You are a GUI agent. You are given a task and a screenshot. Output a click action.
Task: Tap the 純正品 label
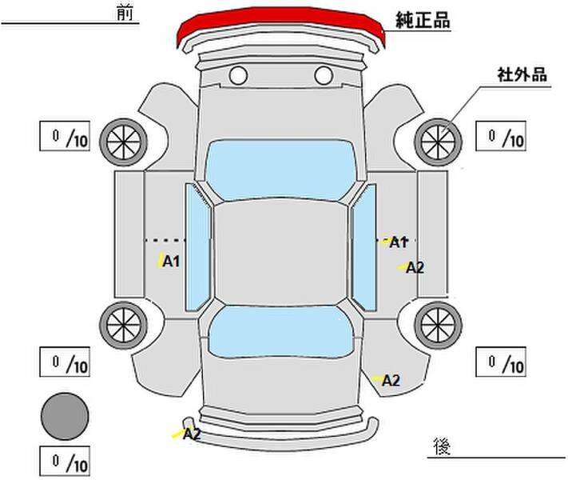pos(423,21)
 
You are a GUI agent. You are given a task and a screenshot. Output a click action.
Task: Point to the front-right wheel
pos(437,139)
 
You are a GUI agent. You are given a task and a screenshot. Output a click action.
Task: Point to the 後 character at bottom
pos(441,445)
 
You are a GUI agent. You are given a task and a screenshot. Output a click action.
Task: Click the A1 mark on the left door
pos(171,261)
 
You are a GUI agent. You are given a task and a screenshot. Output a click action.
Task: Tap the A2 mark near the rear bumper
pos(192,434)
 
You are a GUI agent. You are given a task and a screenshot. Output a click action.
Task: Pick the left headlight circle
pos(237,77)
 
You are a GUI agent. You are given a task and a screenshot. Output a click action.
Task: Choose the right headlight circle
pos(323,77)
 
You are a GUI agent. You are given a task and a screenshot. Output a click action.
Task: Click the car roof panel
pos(280,252)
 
